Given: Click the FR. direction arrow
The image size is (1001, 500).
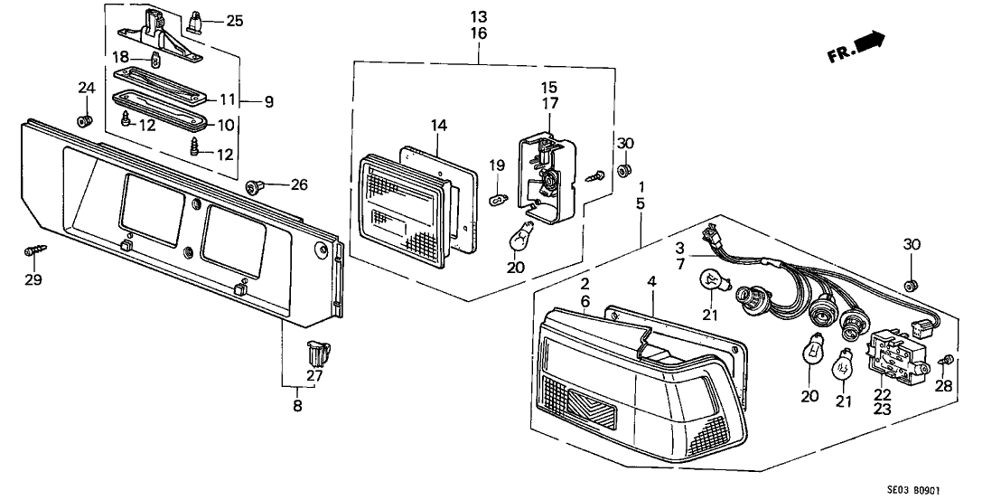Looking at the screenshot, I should (x=868, y=42).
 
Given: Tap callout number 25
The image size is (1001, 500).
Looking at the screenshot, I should (x=234, y=20).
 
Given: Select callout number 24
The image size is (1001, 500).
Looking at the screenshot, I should (x=86, y=88).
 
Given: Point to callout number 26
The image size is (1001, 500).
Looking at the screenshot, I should (x=298, y=185).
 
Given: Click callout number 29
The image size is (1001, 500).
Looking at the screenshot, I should (x=33, y=280).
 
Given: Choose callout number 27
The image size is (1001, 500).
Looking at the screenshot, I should (x=313, y=376).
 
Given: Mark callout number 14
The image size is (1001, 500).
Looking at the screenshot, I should (x=439, y=127).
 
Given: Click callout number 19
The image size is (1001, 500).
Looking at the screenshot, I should (x=496, y=165).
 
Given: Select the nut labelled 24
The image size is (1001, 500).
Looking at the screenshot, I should (x=85, y=120).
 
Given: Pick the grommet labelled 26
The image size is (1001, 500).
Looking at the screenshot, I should (x=252, y=188).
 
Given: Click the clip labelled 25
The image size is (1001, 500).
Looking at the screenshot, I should (x=196, y=20).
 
